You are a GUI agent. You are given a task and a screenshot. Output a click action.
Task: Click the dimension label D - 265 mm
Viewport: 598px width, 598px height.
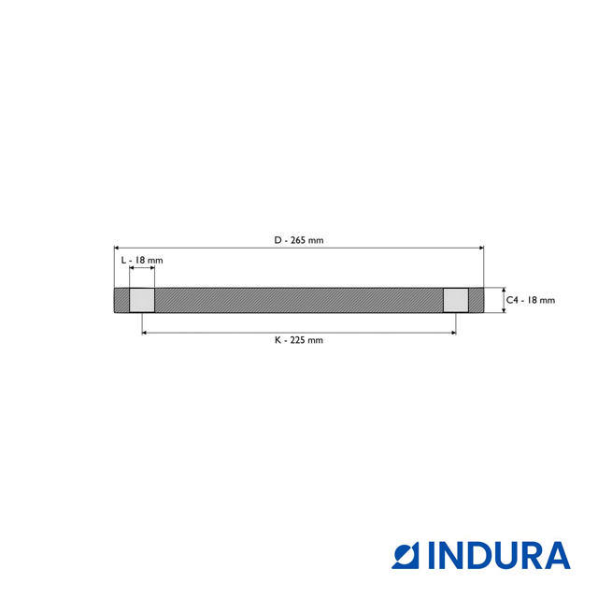299,240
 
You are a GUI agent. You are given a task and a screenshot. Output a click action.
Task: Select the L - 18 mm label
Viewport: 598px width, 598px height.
142,259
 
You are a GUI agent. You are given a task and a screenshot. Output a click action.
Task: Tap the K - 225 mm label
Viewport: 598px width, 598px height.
299,340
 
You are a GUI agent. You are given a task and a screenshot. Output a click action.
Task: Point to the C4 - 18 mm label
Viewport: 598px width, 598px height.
531,300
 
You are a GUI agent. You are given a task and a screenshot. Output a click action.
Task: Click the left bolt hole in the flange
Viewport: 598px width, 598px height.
142,300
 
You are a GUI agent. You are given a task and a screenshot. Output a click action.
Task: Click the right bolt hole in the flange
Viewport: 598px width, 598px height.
455,300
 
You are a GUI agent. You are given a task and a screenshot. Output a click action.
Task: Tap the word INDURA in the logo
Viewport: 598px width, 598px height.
499,555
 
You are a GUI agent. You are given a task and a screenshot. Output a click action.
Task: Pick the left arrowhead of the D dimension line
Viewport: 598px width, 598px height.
117,248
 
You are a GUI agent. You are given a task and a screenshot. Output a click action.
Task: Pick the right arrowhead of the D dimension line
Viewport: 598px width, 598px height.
481,248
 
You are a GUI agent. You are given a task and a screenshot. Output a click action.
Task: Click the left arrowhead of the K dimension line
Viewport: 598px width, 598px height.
145,331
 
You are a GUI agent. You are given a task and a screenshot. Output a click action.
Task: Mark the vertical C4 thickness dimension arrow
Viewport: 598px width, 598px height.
504,300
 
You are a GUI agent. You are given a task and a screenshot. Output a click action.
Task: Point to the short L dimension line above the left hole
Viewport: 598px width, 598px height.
142,268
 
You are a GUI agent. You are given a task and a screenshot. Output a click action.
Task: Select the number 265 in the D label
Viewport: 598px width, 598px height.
298,240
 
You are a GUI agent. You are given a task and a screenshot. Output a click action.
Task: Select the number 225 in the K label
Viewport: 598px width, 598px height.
298,340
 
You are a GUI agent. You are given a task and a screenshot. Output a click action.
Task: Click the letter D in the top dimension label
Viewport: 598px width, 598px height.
278,240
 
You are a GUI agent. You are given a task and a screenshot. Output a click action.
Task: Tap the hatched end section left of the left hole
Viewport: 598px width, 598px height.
121,300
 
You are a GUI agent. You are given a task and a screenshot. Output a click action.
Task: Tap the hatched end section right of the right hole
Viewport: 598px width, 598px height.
476,300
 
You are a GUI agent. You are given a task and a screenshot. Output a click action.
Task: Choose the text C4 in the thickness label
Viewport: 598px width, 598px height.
513,300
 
